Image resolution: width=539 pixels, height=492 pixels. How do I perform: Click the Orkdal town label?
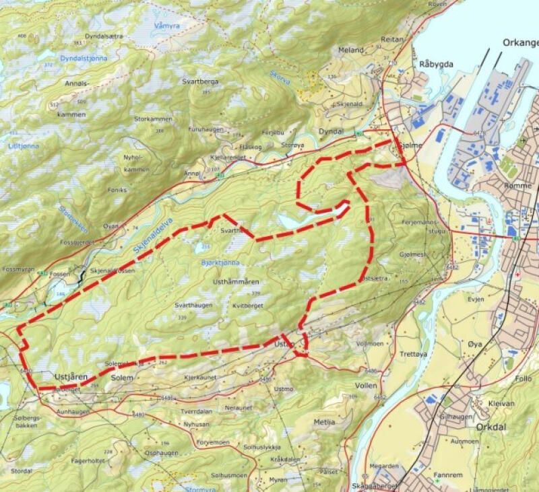pyautogui.click(x=477, y=425)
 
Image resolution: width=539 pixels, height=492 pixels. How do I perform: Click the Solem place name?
pyautogui.click(x=122, y=378)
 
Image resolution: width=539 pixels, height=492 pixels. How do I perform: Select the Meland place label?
pyautogui.click(x=351, y=50)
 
